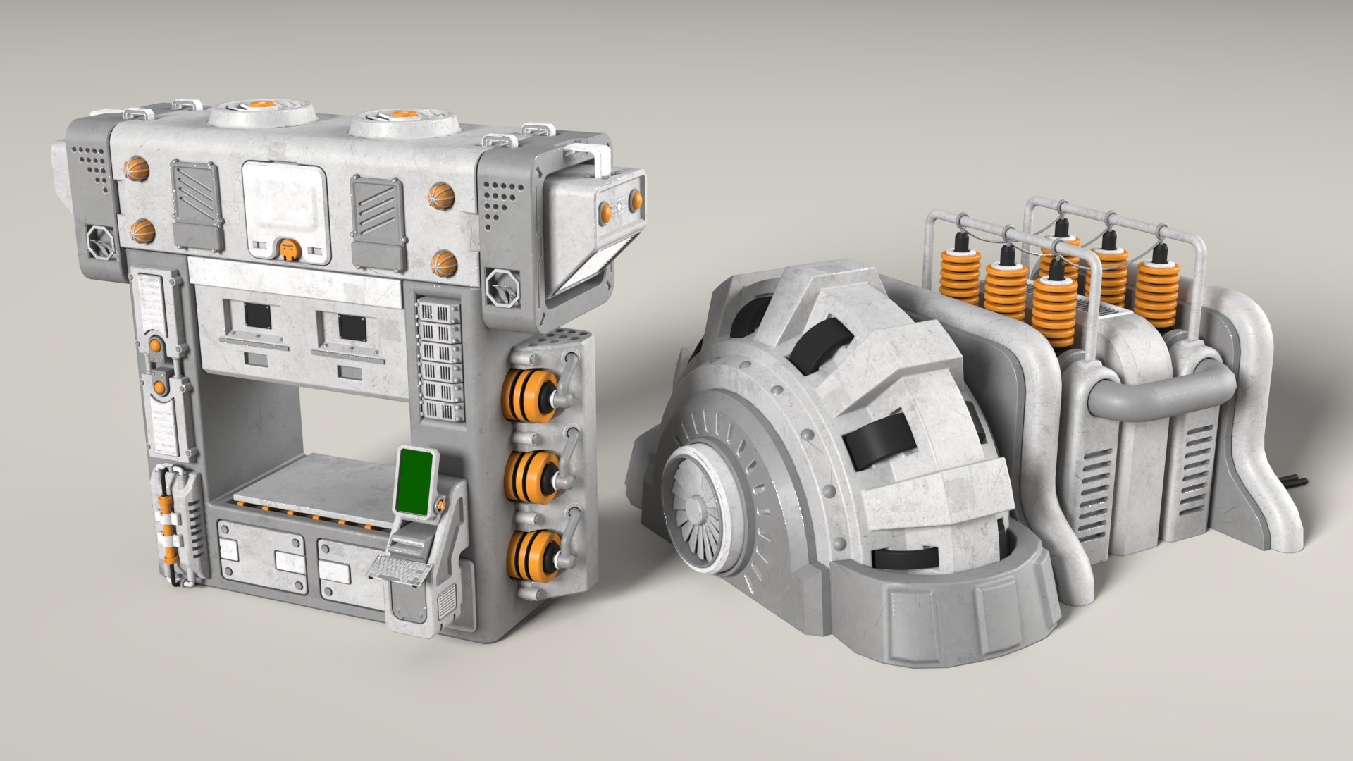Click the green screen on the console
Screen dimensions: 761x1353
coord(414,482)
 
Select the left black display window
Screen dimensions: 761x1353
coord(257,316)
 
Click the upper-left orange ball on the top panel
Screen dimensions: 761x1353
coord(137,169)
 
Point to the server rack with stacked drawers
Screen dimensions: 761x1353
coord(441,360)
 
